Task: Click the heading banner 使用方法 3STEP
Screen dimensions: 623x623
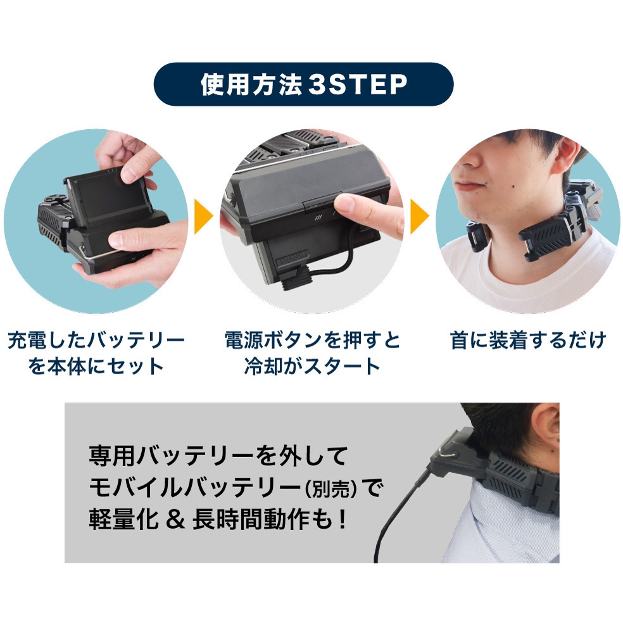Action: click(303, 84)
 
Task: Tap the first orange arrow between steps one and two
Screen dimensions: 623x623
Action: click(202, 217)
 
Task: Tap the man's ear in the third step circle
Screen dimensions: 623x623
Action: click(565, 158)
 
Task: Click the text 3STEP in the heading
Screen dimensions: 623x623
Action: click(358, 84)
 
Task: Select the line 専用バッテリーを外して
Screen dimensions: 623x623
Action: click(219, 456)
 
